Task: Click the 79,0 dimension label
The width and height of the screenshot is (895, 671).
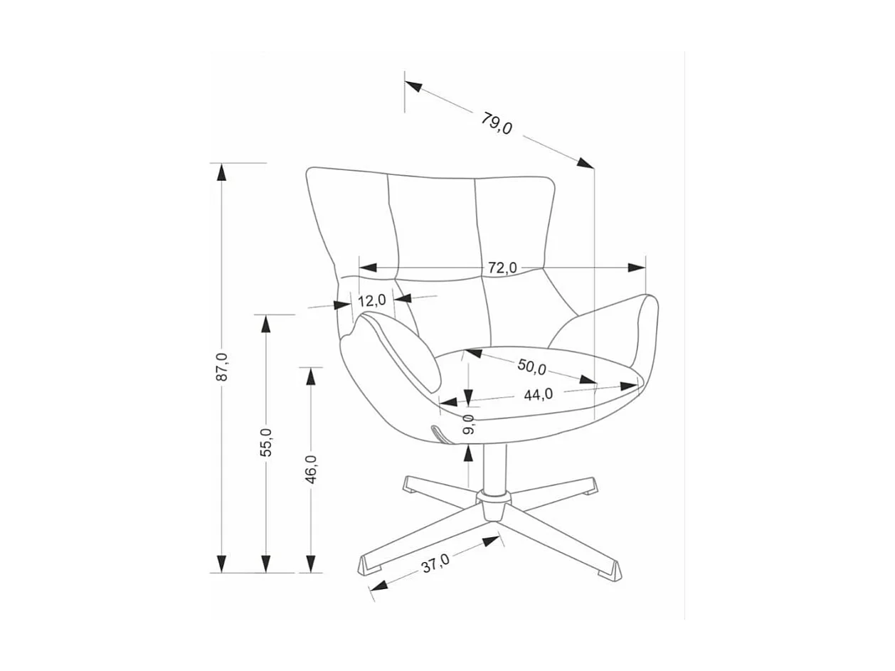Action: [x=497, y=124]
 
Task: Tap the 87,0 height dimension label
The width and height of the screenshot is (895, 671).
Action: [x=223, y=367]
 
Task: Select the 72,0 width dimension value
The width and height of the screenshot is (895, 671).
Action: [x=502, y=268]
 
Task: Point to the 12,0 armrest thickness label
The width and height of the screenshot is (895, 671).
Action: [x=371, y=301]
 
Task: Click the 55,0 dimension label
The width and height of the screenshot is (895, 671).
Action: [x=266, y=443]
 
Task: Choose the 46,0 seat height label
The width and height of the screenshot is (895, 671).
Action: [x=311, y=470]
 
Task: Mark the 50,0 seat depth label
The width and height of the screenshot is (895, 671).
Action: [x=531, y=367]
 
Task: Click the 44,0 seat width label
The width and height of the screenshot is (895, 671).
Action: [x=539, y=394]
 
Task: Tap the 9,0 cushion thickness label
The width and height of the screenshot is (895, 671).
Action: [x=468, y=426]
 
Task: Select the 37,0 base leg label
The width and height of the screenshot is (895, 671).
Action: [x=435, y=564]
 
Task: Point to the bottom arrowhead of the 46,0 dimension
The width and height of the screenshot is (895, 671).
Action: [x=311, y=564]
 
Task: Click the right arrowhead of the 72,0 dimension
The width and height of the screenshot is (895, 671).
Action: [x=636, y=268]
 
